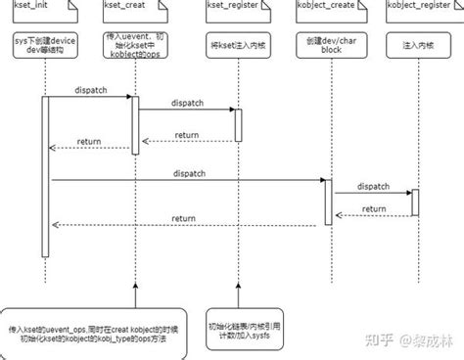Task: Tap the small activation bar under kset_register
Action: [239, 124]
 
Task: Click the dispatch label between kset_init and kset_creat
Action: [90, 89]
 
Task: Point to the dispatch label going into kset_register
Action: [188, 102]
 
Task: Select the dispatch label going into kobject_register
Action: [373, 185]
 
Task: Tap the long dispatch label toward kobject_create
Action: [188, 172]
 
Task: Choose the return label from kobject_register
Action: [373, 207]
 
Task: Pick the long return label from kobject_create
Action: [183, 218]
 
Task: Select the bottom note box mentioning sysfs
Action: [241, 328]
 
